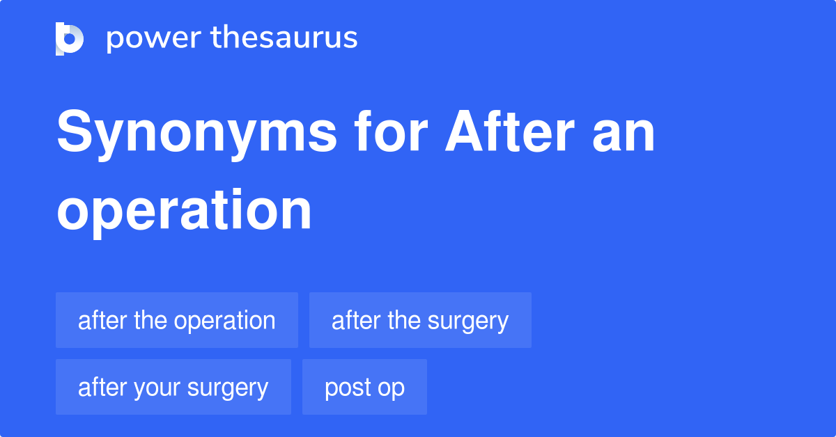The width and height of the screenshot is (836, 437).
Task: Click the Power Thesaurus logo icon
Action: pos(70,38)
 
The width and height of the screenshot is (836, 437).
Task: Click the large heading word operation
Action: pos(184,210)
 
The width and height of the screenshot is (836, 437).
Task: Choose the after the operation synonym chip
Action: pos(176,320)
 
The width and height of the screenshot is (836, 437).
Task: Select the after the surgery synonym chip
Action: pos(420,320)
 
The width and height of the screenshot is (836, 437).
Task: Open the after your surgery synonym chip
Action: pos(173,387)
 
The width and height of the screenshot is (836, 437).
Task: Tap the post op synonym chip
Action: pos(364,387)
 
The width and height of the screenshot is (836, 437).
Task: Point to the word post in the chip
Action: pos(347,388)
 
